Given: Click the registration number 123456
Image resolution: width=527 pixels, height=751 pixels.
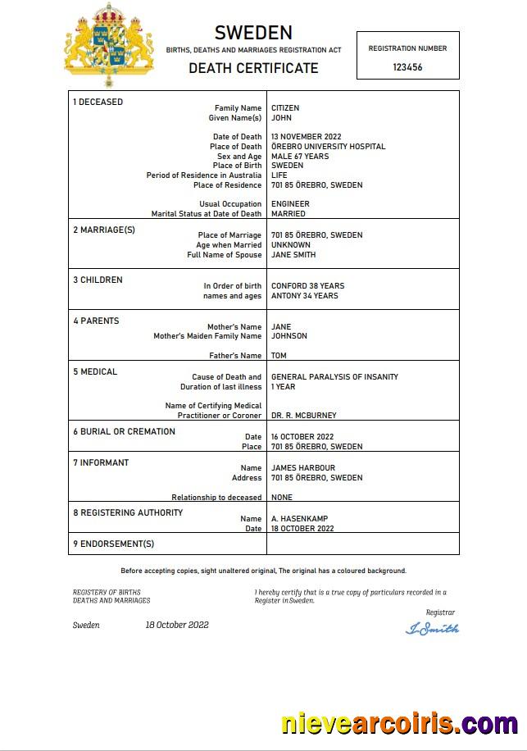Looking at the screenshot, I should point(407,67).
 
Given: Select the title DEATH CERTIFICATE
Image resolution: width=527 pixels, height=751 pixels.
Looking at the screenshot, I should point(253,68).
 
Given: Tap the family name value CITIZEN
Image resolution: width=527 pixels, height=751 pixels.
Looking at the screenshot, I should point(285,108).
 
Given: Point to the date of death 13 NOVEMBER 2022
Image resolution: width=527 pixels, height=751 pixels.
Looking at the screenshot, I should point(306,137).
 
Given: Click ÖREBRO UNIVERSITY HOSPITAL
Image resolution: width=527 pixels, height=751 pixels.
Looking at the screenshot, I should point(328,147).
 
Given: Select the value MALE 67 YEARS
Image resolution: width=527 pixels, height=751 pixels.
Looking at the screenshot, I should point(300,157).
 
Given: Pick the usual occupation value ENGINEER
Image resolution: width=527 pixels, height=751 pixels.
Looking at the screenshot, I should point(290,204).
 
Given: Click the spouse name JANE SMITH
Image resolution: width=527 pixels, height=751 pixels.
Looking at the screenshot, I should point(293,255).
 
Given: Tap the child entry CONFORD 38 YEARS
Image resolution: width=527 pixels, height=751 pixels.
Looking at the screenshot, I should point(307,286).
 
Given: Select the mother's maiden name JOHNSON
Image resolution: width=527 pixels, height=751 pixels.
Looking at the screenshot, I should point(289,336).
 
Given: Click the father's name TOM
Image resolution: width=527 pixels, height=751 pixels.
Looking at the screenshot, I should point(279,356).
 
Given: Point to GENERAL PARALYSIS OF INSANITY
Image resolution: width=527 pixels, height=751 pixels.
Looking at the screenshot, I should point(334,377).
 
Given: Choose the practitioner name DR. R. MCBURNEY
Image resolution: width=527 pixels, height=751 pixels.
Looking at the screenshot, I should point(303,416).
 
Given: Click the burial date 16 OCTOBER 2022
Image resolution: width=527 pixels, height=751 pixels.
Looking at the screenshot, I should point(302,437).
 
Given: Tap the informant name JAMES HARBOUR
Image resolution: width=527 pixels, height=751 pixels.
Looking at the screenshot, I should point(302,468).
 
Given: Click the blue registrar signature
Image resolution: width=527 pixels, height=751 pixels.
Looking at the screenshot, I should point(432,629).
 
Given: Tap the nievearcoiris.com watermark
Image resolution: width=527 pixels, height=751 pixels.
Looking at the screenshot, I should point(399,724).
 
